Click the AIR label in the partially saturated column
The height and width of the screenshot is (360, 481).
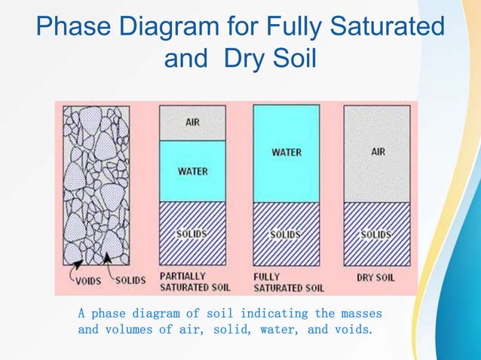(x=192, y=122)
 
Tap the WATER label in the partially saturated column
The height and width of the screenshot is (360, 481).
(x=192, y=171)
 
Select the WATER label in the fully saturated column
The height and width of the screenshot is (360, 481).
(x=286, y=152)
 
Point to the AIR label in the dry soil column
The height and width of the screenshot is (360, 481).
(x=378, y=152)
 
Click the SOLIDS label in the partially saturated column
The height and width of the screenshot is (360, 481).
(x=192, y=233)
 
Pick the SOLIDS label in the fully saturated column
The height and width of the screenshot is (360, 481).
(x=286, y=234)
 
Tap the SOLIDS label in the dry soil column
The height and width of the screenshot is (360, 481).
(x=376, y=234)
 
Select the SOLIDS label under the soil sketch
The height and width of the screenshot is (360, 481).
(x=130, y=280)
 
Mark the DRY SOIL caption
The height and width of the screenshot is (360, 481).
(x=375, y=277)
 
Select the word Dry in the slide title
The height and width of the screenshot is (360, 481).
(x=247, y=59)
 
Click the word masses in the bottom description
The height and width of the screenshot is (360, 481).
(x=360, y=313)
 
